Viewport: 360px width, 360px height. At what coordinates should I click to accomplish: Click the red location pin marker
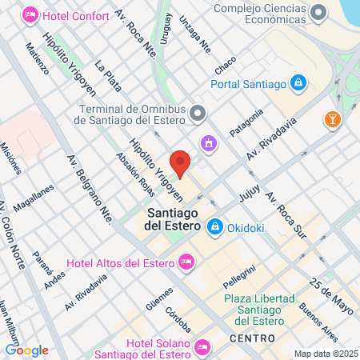pos(181,162)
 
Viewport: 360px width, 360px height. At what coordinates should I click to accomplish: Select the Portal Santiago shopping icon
pos(298,82)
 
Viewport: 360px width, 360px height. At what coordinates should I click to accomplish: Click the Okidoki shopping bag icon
pos(214,228)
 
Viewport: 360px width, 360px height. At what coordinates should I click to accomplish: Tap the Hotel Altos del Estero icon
pos(186,261)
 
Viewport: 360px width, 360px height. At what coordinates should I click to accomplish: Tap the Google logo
pos(26,350)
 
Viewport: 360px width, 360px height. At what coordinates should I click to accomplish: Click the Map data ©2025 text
pos(324,354)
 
